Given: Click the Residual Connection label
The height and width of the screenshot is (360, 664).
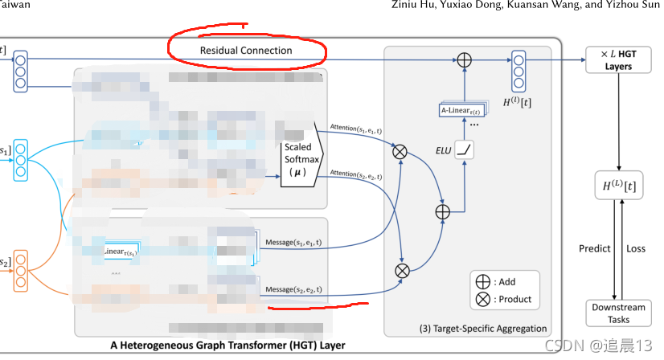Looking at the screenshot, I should point(246,51).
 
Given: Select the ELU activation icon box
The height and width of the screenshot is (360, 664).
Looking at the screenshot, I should point(463,149).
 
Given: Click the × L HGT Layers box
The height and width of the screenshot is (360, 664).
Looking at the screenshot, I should point(618,61).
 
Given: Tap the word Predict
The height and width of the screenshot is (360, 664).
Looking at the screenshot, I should point(595,248).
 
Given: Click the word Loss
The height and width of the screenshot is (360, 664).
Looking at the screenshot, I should point(636,248).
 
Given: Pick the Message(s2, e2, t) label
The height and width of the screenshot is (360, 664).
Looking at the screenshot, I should point(293,288).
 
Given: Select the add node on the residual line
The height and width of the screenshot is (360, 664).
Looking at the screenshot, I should point(464,60).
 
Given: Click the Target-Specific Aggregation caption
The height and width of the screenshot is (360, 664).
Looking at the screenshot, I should point(483,328).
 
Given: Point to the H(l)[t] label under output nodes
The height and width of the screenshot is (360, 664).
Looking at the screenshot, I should point(517,102).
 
